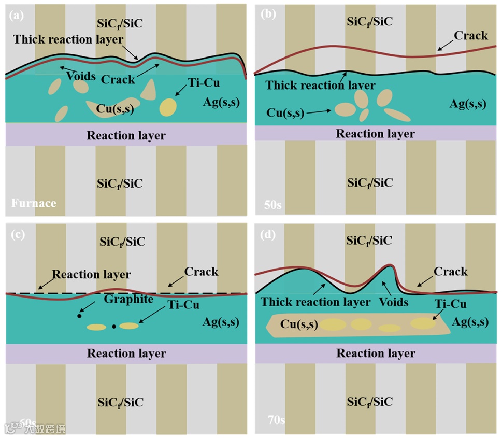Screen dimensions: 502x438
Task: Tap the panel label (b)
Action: (x=267, y=15)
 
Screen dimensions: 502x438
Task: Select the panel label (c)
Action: (x=17, y=234)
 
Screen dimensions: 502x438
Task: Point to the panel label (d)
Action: (x=267, y=234)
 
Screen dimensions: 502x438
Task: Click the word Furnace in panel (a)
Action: (x=34, y=203)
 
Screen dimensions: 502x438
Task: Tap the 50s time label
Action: (x=273, y=204)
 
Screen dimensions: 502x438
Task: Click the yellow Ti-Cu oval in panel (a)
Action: (x=168, y=107)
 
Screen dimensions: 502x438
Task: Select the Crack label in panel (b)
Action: (x=471, y=36)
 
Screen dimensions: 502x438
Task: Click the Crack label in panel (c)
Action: (x=201, y=272)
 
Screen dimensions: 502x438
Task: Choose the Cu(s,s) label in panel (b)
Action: (x=285, y=112)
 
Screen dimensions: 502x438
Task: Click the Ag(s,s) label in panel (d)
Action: (x=470, y=322)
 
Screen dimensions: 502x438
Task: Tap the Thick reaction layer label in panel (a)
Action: (x=68, y=39)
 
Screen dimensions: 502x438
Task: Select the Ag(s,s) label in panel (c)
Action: (x=221, y=322)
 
